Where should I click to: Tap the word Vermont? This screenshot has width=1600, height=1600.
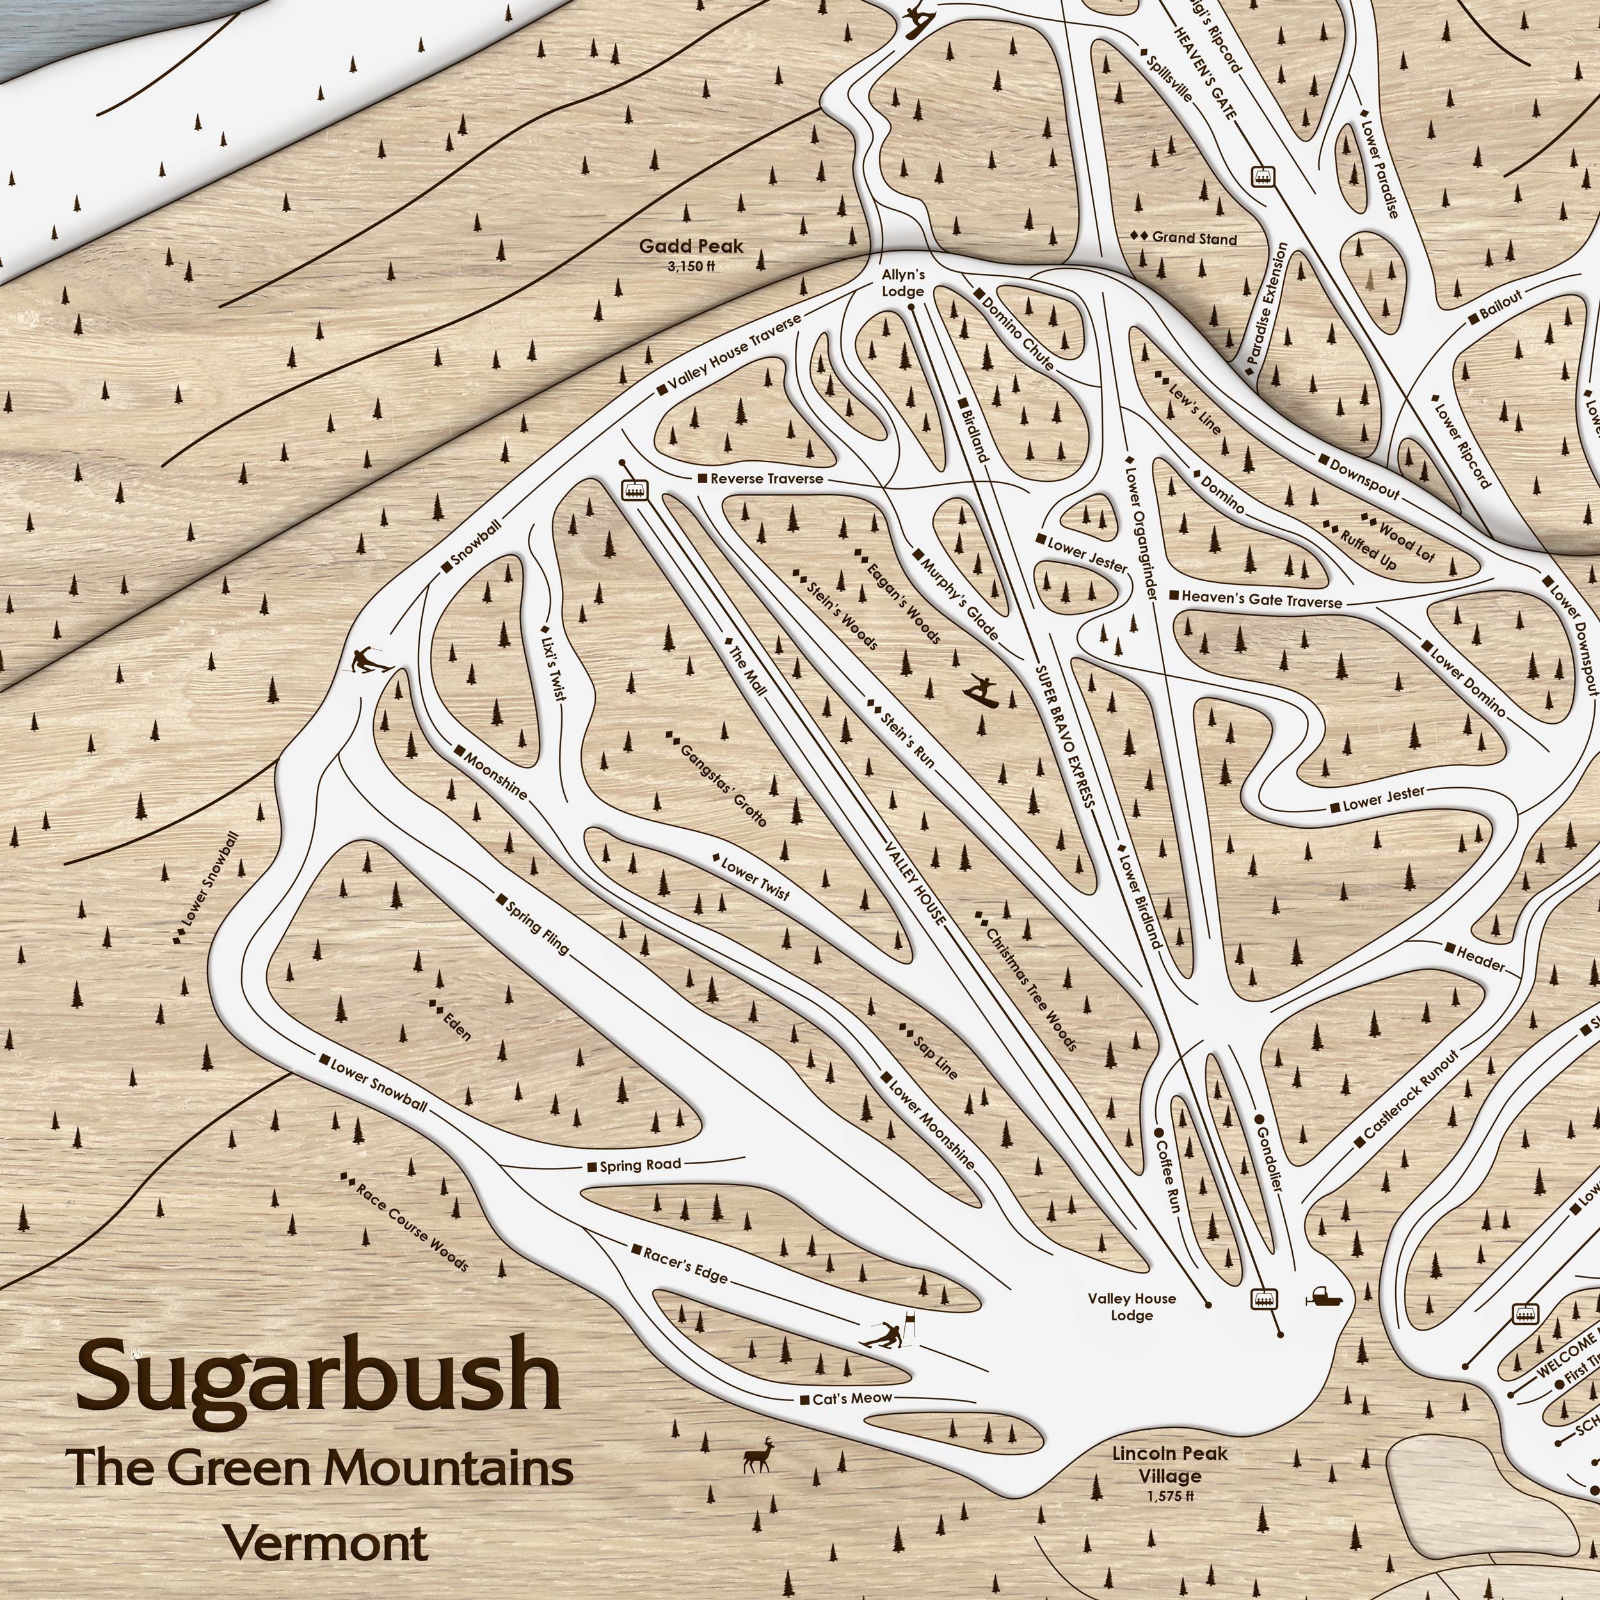click(327, 1544)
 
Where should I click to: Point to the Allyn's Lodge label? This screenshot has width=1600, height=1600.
click(902, 282)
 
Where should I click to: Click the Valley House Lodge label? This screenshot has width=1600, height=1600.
click(1132, 1307)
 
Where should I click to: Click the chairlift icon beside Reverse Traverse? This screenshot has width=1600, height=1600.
click(635, 490)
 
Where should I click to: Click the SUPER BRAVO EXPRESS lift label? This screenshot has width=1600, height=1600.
click(1065, 735)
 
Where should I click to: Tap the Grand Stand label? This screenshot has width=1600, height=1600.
click(1194, 239)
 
